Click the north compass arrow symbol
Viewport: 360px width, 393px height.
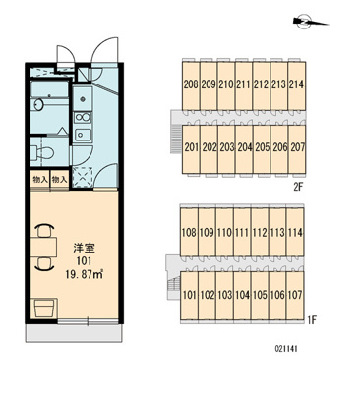pyautogui.click(x=310, y=22)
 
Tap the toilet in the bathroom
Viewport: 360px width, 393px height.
pyautogui.click(x=42, y=151)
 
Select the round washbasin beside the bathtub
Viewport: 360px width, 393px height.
pyautogui.click(x=39, y=105)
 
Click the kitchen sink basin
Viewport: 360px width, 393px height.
pyautogui.click(x=83, y=134)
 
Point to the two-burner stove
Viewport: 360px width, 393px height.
pyautogui.click(x=83, y=117)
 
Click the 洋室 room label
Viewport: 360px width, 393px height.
pyautogui.click(x=84, y=249)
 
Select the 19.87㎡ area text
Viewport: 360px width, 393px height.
pyautogui.click(x=85, y=273)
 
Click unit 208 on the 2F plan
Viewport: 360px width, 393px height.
pyautogui.click(x=191, y=85)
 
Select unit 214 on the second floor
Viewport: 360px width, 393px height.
pyautogui.click(x=297, y=85)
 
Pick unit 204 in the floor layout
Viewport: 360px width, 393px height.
pyautogui.click(x=244, y=148)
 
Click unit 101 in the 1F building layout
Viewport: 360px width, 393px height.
pyautogui.click(x=189, y=295)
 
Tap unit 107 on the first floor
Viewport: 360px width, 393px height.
pyautogui.click(x=295, y=295)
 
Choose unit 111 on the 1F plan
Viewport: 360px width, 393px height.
pyautogui.click(x=242, y=232)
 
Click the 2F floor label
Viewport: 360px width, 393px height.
pyautogui.click(x=298, y=188)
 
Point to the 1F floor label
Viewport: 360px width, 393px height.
pyautogui.click(x=311, y=320)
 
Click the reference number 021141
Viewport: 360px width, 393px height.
pyautogui.click(x=286, y=349)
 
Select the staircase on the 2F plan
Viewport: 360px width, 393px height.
pyautogui.click(x=176, y=139)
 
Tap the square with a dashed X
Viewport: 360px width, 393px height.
pyautogui.click(x=83, y=177)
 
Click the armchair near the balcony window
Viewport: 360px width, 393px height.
pyautogui.click(x=44, y=308)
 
